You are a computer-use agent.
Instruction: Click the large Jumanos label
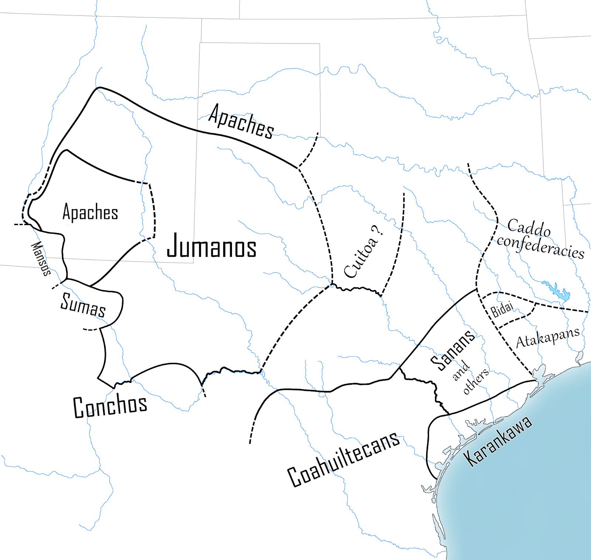coord(212,246)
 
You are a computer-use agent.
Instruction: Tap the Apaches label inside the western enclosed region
coord(90,212)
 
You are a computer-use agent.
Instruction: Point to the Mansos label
coord(41,258)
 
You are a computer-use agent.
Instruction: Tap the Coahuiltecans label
coord(344,459)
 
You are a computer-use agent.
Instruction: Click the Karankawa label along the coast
coord(498,440)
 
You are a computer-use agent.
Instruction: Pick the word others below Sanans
coord(476,381)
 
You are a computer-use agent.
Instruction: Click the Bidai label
coord(502,309)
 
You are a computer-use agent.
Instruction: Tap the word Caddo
coord(529,228)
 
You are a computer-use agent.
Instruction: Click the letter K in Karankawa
coord(470,459)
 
